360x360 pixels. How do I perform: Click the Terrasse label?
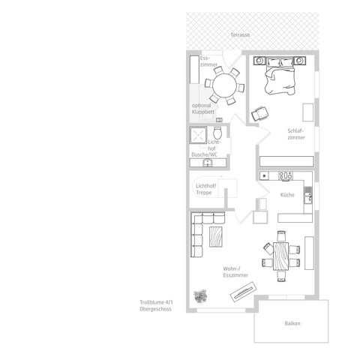pyautogui.click(x=240, y=35)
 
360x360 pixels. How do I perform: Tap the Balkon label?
pyautogui.click(x=292, y=323)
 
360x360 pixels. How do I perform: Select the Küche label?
pyautogui.click(x=287, y=195)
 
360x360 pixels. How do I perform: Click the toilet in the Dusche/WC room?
pyautogui.click(x=217, y=133)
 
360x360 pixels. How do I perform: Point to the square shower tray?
pyautogui.click(x=198, y=135)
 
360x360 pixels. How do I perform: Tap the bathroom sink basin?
pyautogui.click(x=208, y=163)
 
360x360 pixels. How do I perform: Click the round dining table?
pyautogui.click(x=224, y=85)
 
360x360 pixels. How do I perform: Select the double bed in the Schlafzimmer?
pyautogui.click(x=280, y=76)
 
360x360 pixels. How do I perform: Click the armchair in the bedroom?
pyautogui.click(x=259, y=114)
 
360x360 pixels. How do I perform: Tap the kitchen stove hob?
pyautogui.click(x=286, y=175)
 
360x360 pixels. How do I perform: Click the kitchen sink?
pyautogui.click(x=308, y=194)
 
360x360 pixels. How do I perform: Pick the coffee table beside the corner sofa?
pyautogui.click(x=215, y=236)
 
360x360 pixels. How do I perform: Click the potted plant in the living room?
pyautogui.click(x=200, y=296)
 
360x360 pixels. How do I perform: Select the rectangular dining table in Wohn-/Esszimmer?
pyautogui.click(x=280, y=256)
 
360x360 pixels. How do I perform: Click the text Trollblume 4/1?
pyautogui.click(x=156, y=302)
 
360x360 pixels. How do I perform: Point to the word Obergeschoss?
pyautogui.click(x=155, y=309)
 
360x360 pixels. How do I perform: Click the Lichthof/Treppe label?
pyautogui.click(x=206, y=189)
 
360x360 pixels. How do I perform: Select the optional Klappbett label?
pyautogui.click(x=203, y=109)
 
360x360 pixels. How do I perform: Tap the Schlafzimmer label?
pyautogui.click(x=296, y=134)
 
